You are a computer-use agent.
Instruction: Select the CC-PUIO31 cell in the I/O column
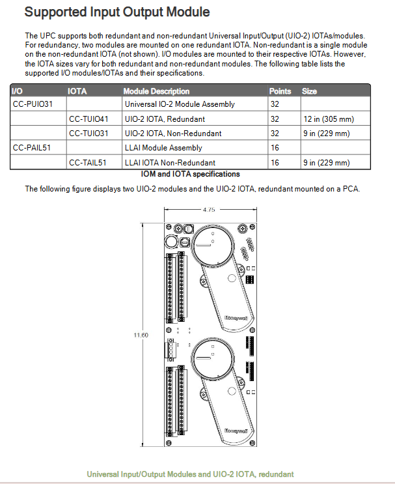(x=33, y=104)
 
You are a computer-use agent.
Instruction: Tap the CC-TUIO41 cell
(x=89, y=119)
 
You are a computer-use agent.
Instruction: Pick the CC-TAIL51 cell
(x=88, y=163)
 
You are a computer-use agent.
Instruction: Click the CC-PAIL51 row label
(x=32, y=148)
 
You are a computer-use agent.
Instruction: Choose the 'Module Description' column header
(x=156, y=91)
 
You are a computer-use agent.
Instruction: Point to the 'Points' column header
(x=280, y=91)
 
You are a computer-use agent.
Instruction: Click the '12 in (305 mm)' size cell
(x=326, y=119)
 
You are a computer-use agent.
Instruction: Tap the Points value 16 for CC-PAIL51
(x=275, y=148)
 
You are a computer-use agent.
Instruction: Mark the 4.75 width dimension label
(x=209, y=210)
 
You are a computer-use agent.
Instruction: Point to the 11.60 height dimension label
(x=141, y=335)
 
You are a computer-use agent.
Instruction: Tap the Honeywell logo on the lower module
(x=235, y=431)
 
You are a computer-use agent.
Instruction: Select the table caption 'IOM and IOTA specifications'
(x=190, y=175)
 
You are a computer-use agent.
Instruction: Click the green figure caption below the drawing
(x=190, y=474)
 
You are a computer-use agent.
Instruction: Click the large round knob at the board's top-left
(x=172, y=242)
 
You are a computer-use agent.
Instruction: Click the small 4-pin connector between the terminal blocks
(x=172, y=350)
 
